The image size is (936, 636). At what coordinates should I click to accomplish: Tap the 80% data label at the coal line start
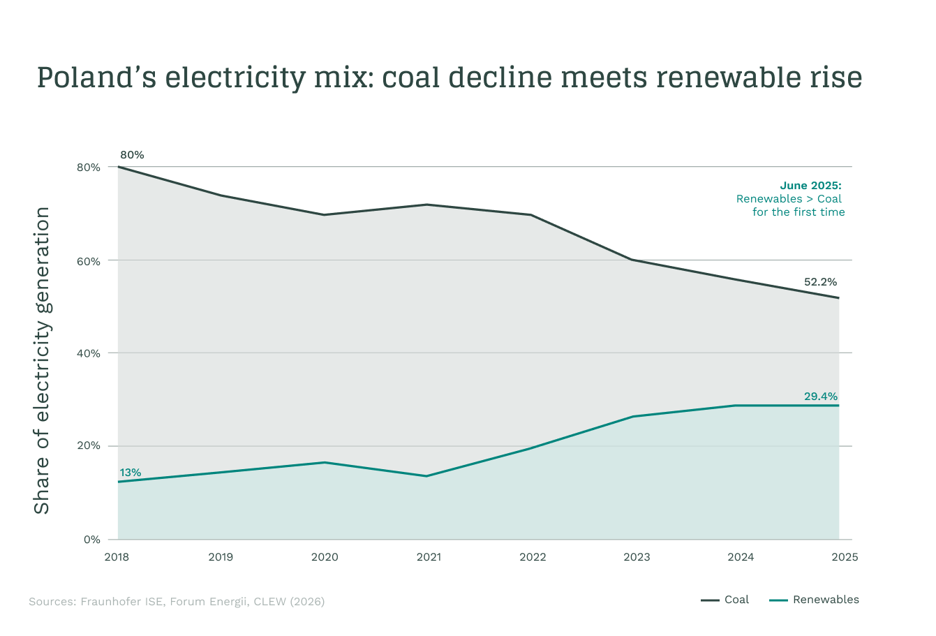click(132, 155)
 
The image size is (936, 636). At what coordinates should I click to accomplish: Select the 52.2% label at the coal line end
click(820, 282)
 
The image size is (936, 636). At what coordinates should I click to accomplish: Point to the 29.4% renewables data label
click(820, 396)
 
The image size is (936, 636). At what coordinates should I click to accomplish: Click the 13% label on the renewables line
click(130, 473)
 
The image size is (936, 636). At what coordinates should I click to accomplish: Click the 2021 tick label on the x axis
click(429, 557)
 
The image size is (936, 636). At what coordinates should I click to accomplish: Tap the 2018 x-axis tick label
click(117, 557)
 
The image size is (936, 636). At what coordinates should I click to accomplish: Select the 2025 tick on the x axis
click(845, 557)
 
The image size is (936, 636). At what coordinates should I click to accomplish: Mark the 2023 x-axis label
click(637, 557)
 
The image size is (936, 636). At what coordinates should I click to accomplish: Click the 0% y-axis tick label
click(91, 540)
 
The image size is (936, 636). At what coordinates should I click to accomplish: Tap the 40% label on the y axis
click(89, 353)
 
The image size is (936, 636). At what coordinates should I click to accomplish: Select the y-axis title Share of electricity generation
click(42, 360)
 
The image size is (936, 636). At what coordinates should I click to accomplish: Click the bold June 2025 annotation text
click(810, 186)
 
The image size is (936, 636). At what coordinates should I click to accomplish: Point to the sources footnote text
click(177, 601)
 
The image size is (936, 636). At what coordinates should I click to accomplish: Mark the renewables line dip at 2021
click(426, 476)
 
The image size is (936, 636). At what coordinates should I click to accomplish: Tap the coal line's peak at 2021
click(426, 205)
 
